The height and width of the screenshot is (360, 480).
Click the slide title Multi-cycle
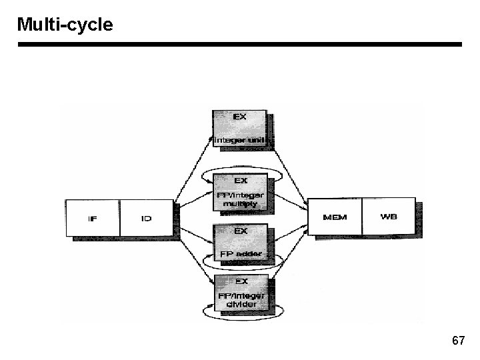pyautogui.click(x=65, y=25)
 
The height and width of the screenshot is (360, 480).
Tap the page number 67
pyautogui.click(x=458, y=341)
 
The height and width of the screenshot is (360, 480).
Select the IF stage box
pyautogui.click(x=93, y=217)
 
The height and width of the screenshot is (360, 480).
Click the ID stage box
pyautogui.click(x=147, y=217)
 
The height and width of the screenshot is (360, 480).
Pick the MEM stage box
pyautogui.click(x=335, y=217)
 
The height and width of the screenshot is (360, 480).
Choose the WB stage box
pyautogui.click(x=388, y=217)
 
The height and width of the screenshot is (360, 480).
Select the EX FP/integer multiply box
pyautogui.click(x=240, y=192)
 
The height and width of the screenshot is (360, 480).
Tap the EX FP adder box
pyautogui.click(x=240, y=243)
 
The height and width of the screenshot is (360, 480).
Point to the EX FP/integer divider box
pyautogui.click(x=240, y=295)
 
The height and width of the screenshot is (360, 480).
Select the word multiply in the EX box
pyautogui.click(x=239, y=203)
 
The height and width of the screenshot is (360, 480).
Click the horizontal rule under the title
pyautogui.click(x=240, y=45)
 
